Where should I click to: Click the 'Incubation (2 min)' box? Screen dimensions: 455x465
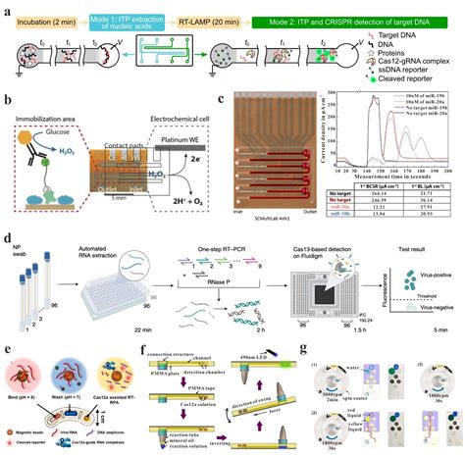coord(48,14)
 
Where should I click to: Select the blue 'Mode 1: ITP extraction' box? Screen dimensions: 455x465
coord(138,14)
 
